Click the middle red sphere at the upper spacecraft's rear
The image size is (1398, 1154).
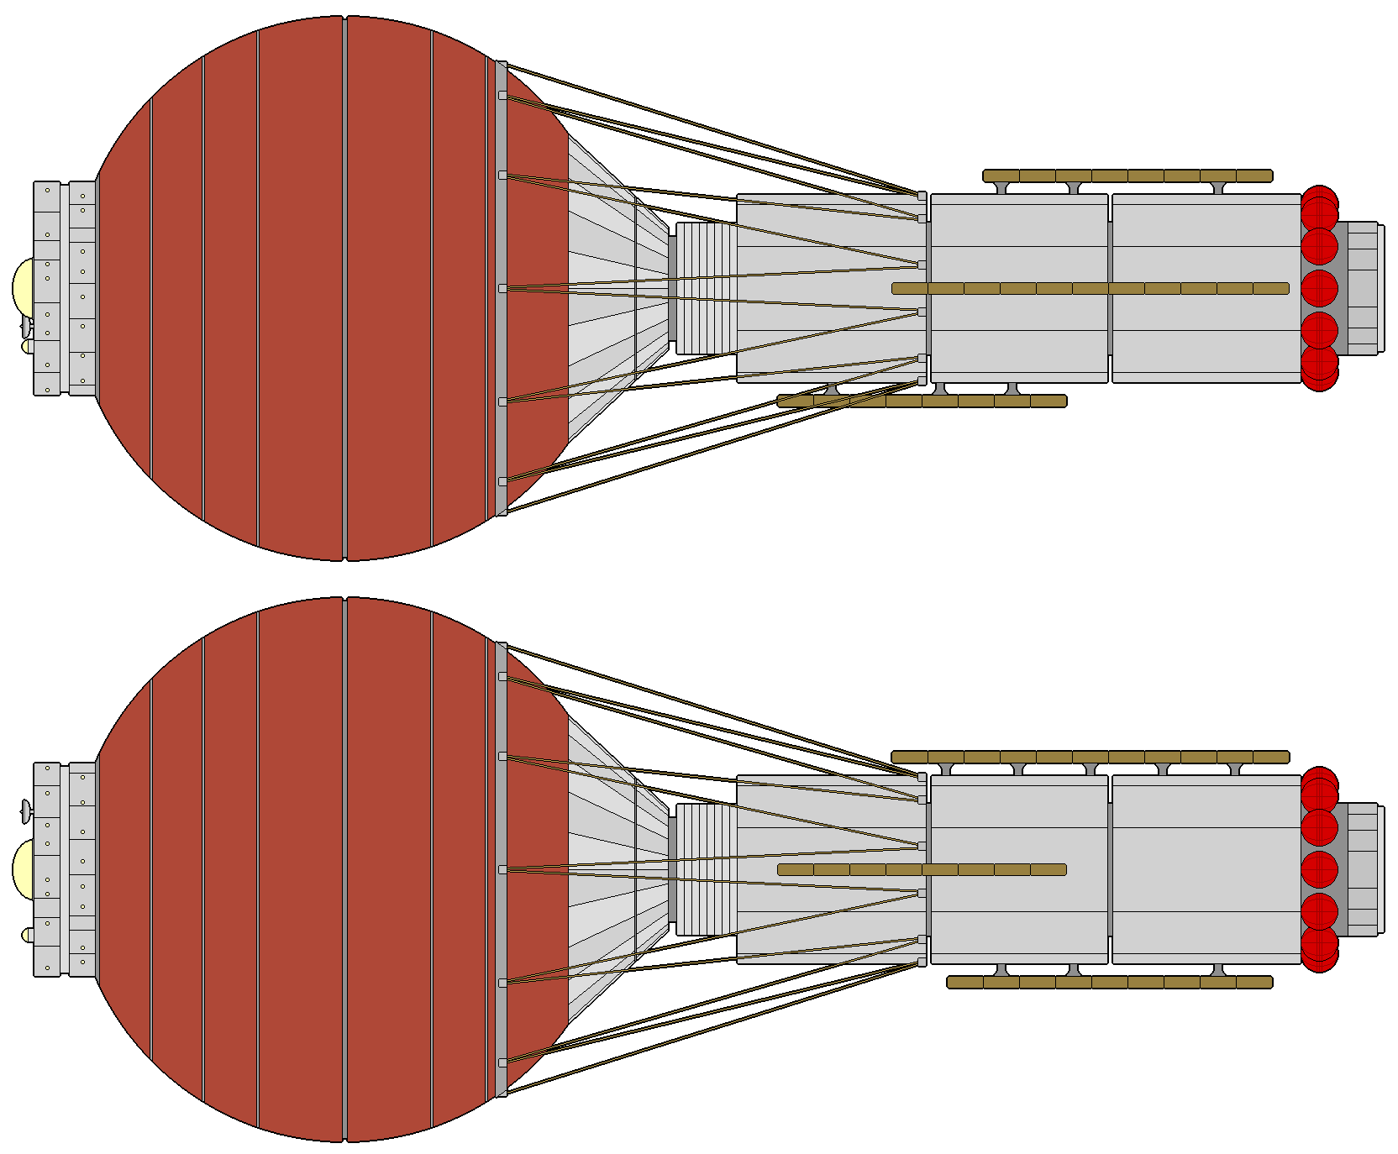tap(1319, 288)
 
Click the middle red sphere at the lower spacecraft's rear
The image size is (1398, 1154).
tap(1319, 869)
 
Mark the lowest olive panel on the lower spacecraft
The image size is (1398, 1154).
tap(1109, 982)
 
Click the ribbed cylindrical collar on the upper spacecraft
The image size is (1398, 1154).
tap(706, 288)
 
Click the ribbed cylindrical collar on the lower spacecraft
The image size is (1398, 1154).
tap(706, 869)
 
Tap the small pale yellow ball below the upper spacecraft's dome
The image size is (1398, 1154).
tap(28, 346)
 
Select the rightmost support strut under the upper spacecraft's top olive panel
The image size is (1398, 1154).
tap(1218, 188)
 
